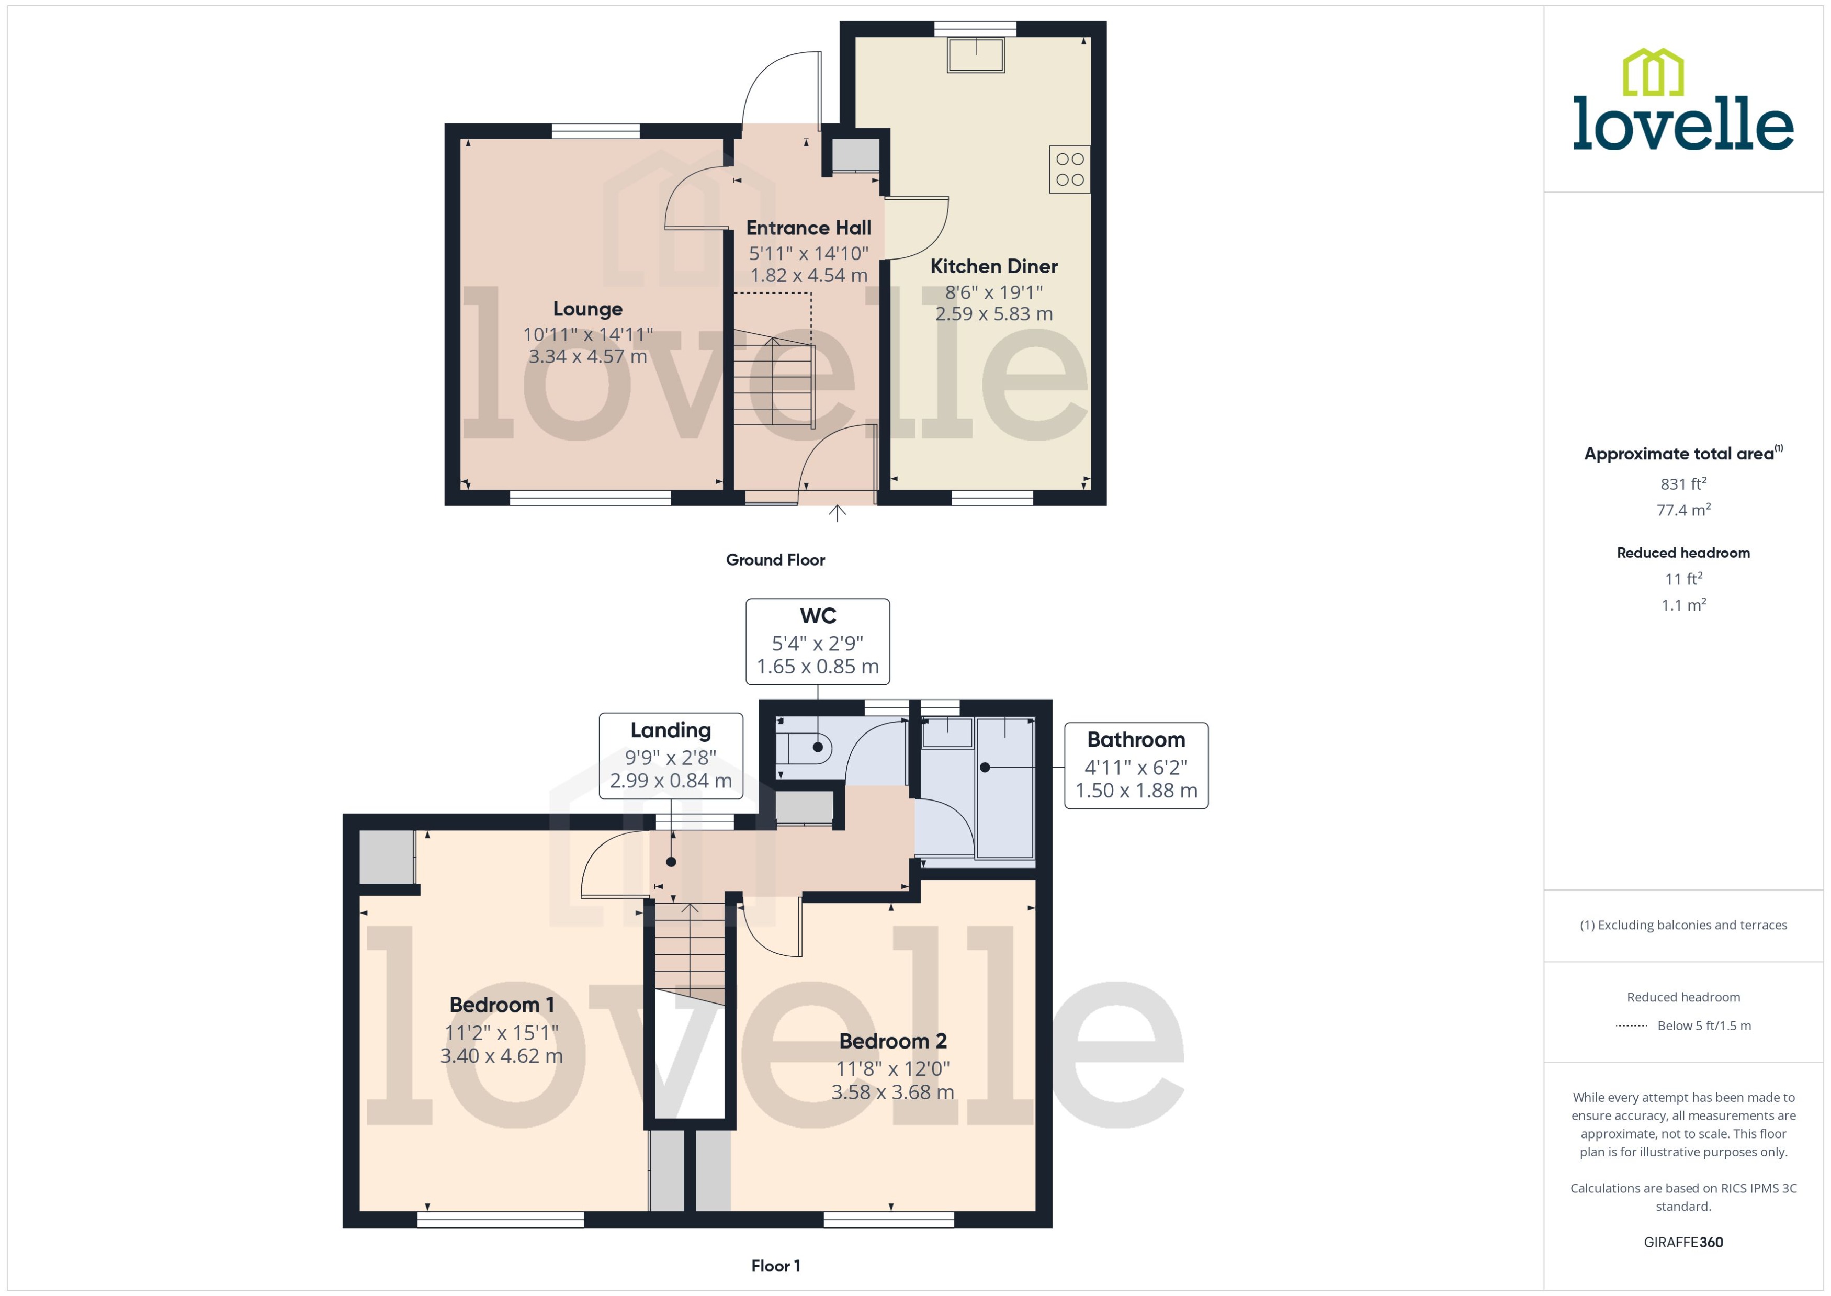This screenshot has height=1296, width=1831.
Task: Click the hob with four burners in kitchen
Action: tap(1069, 169)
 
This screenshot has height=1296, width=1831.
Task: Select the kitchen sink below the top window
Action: tap(975, 55)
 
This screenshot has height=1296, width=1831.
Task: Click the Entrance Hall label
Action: tap(808, 228)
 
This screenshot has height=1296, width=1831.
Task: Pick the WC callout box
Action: tap(817, 641)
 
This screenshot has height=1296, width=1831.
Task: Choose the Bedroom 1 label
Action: tap(501, 1005)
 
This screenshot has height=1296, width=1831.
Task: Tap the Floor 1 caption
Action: tap(775, 1266)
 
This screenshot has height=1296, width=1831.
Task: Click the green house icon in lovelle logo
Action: tap(1653, 73)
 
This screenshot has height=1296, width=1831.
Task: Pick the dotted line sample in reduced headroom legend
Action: tap(1631, 1026)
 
